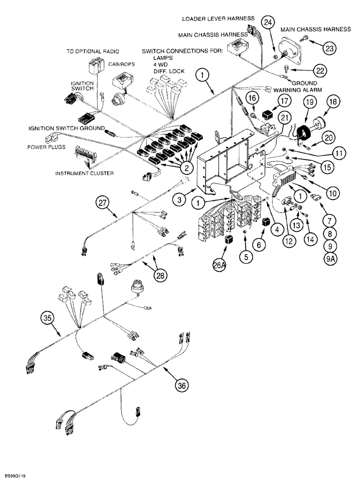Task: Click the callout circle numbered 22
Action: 319,70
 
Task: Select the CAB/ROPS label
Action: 122,63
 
